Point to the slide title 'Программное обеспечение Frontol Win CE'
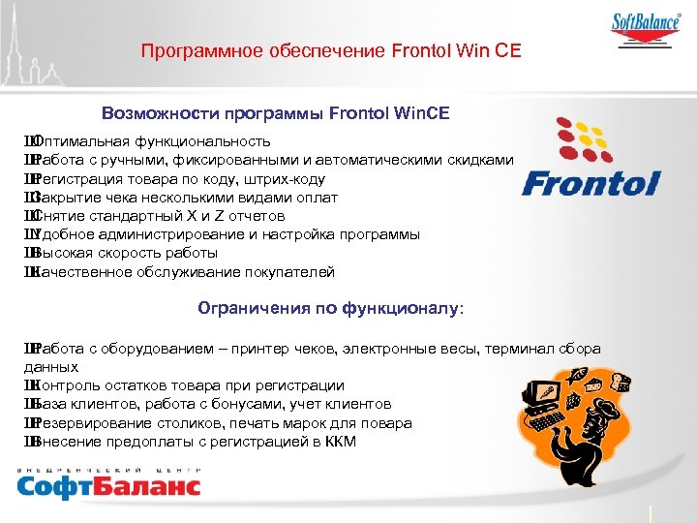[331, 50]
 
